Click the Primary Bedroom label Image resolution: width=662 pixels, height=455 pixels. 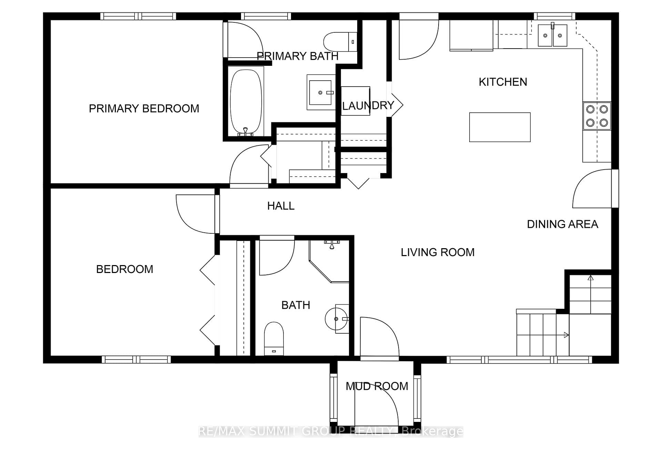(144, 109)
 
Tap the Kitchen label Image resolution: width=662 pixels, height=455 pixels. (503, 82)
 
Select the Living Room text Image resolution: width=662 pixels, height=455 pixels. (438, 252)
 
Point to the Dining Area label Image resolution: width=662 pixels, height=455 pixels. (562, 224)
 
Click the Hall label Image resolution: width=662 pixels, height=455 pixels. (281, 206)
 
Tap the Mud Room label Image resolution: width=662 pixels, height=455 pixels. (377, 386)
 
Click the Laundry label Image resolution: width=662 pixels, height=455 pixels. (368, 105)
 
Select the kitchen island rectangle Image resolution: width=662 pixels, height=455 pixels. (500, 127)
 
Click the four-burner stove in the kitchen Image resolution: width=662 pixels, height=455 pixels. (597, 116)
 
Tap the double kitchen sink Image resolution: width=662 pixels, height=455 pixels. (552, 35)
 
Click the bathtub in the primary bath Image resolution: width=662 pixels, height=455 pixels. (246, 102)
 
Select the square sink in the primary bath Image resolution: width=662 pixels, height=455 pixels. (320, 92)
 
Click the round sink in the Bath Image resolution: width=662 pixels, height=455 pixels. (337, 319)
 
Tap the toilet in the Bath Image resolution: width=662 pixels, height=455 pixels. (274, 339)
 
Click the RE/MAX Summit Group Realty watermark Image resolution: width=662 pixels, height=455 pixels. (331, 431)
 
